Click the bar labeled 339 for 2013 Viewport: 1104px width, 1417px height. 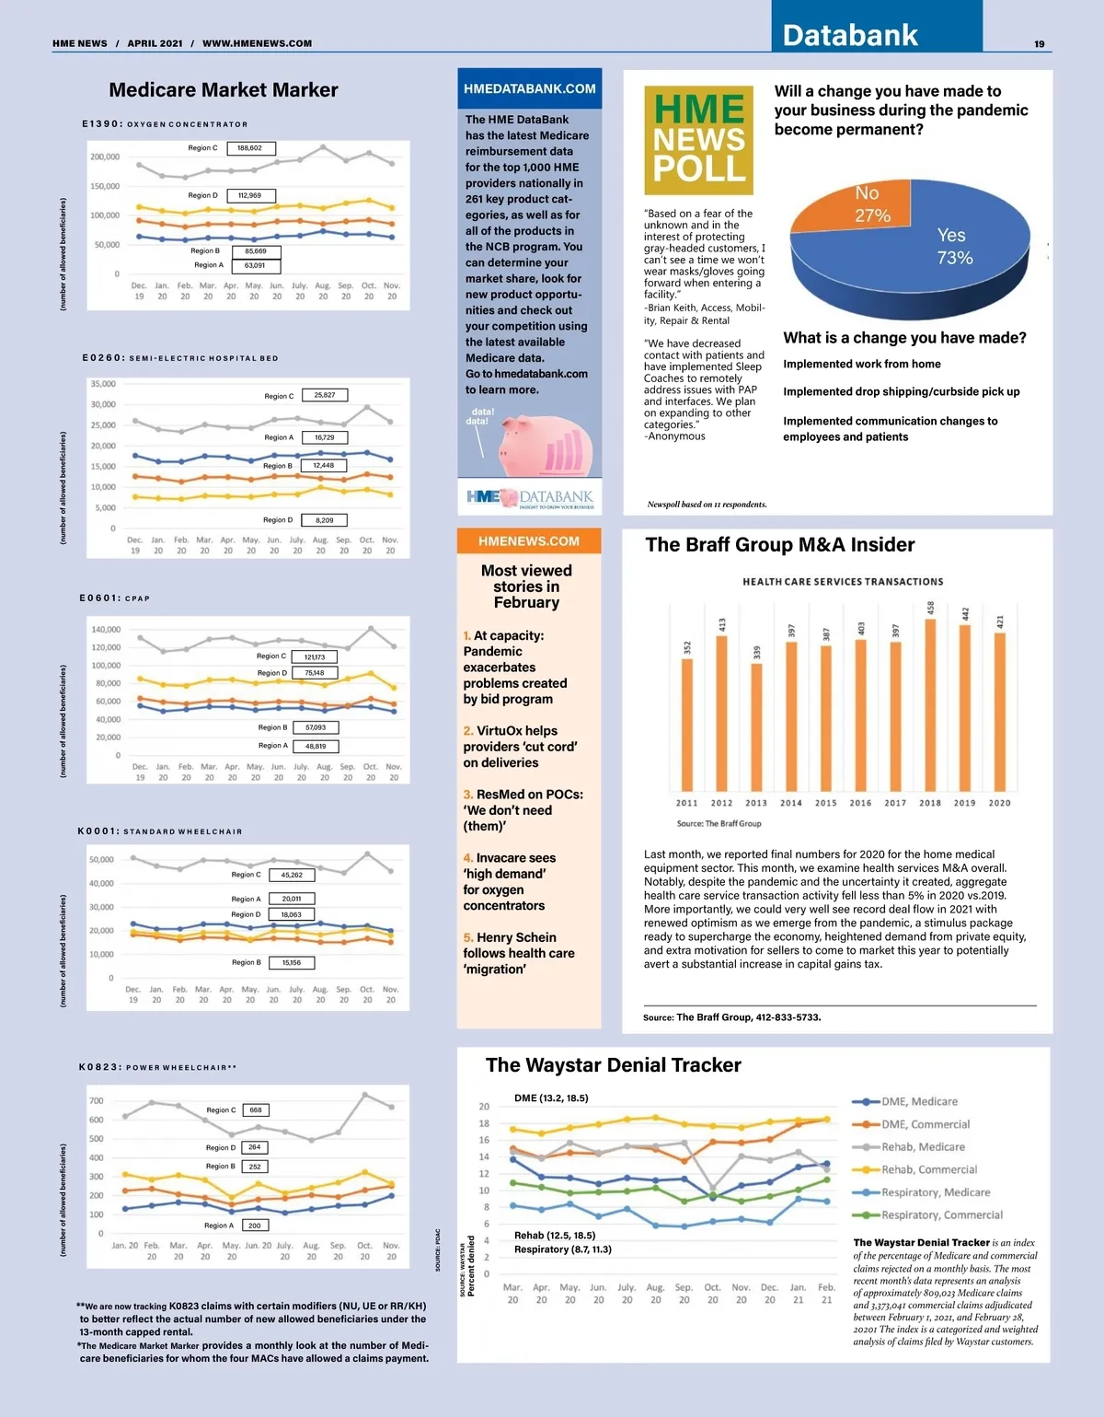coord(756,727)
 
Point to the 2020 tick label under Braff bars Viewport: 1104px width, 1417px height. coord(999,803)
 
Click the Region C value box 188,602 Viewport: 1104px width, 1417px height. coord(249,147)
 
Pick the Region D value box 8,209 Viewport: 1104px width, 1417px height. coord(325,520)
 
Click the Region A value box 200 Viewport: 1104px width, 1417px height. coord(255,1225)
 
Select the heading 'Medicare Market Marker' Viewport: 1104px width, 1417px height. coord(224,90)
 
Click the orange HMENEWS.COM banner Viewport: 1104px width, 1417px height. coord(529,541)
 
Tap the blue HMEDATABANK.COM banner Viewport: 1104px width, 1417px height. coord(530,89)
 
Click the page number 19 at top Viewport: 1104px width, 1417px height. coord(1039,44)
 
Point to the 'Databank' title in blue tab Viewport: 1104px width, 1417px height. coord(850,35)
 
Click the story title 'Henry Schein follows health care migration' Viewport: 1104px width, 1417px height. coord(518,953)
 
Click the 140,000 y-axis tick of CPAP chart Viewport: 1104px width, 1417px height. coord(106,630)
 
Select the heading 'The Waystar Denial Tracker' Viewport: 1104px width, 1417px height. coord(613,1065)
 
